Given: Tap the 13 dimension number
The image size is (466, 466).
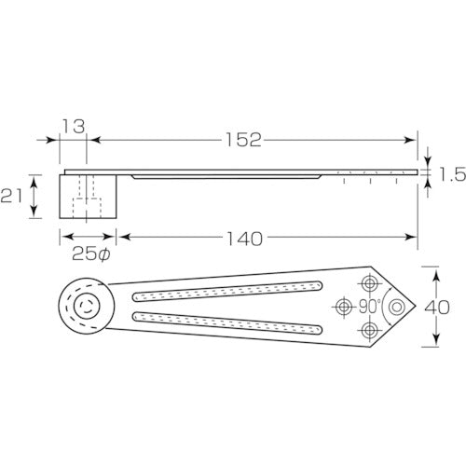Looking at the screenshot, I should (75, 125).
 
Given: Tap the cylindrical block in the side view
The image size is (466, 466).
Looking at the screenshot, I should (88, 196).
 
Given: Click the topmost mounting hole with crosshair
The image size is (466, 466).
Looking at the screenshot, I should (371, 282).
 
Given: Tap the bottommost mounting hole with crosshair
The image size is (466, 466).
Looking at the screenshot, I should (371, 330).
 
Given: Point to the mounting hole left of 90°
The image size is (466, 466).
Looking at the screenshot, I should (344, 306).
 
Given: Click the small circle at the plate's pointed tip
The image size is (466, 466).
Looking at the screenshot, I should (398, 306).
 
